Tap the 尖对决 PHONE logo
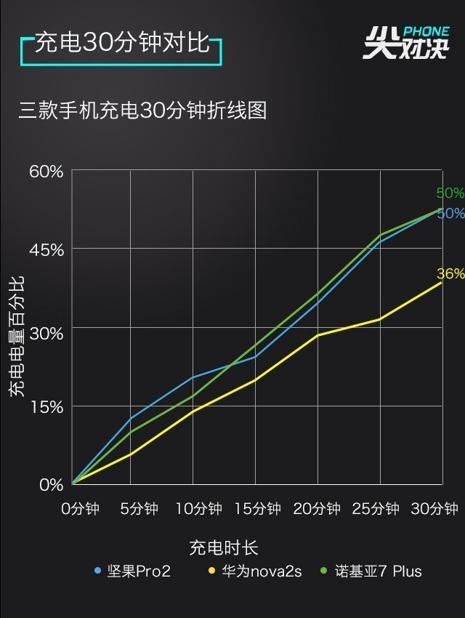click(405, 43)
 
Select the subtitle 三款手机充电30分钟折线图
click(142, 111)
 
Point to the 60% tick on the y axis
click(46, 172)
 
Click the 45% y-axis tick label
click(46, 249)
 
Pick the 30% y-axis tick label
click(46, 328)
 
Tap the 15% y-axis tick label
click(46, 406)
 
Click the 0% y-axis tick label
click(51, 485)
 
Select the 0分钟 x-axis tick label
click(79, 508)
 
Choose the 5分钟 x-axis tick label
click(138, 508)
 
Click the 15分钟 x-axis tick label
click(257, 508)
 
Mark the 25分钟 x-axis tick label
click(376, 508)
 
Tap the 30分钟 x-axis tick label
click(434, 508)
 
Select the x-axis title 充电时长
click(224, 547)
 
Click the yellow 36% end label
click(450, 274)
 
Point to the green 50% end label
click(450, 193)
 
